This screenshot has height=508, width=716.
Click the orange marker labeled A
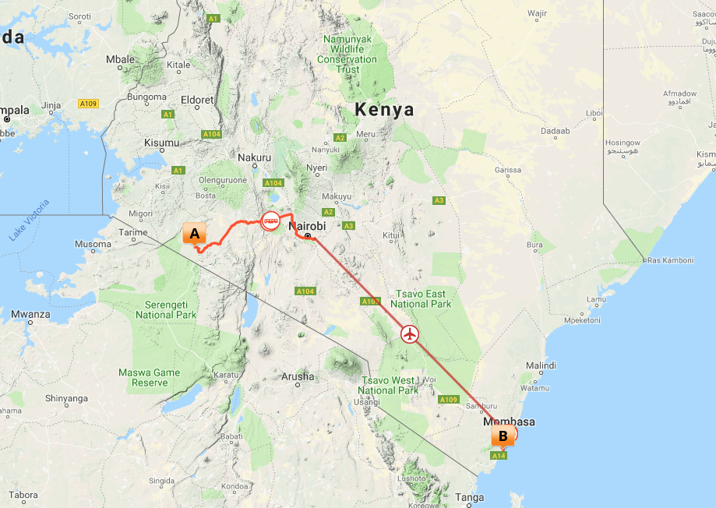[x=194, y=233]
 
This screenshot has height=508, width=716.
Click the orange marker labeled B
[x=503, y=436]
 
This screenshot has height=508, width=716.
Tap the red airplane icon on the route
[x=410, y=334]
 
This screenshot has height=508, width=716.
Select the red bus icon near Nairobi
[x=270, y=221]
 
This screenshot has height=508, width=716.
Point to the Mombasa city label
[x=510, y=422]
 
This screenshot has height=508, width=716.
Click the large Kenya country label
[x=384, y=110]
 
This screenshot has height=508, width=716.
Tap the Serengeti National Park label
[x=166, y=309]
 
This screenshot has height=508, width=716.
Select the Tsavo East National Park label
[x=421, y=298]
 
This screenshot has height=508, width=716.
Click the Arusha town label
[x=298, y=376]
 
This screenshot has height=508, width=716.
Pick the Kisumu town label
[x=162, y=143]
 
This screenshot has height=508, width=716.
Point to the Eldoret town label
[x=196, y=100]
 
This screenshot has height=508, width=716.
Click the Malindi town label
[x=541, y=365]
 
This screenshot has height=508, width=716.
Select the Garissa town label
[x=507, y=170]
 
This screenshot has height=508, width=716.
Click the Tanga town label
[x=470, y=497]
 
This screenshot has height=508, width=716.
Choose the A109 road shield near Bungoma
[x=88, y=104]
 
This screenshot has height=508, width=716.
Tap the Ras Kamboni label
[x=670, y=260]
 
